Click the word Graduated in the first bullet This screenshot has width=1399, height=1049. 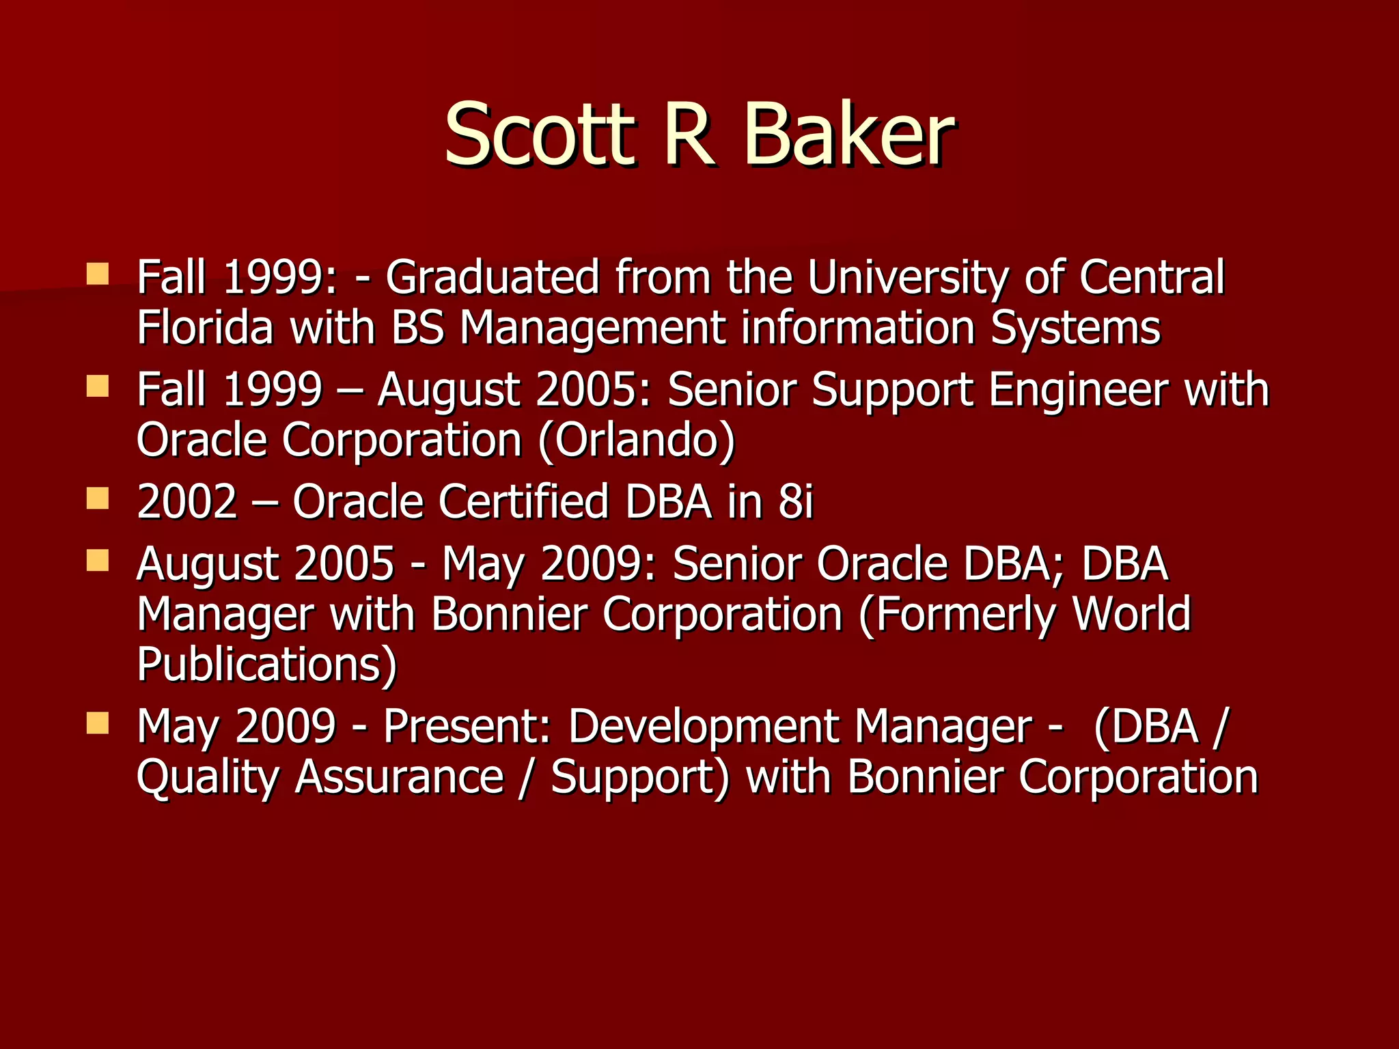492,278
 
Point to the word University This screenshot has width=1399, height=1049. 907,278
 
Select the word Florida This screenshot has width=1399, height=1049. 205,328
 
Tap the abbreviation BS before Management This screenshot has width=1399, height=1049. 417,328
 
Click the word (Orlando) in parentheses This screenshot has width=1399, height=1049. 637,440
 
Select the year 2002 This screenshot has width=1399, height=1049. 186,502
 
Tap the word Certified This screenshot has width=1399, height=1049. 523,502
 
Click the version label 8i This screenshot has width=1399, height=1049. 796,502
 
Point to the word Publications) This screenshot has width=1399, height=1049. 266,664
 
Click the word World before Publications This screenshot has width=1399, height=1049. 1131,613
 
